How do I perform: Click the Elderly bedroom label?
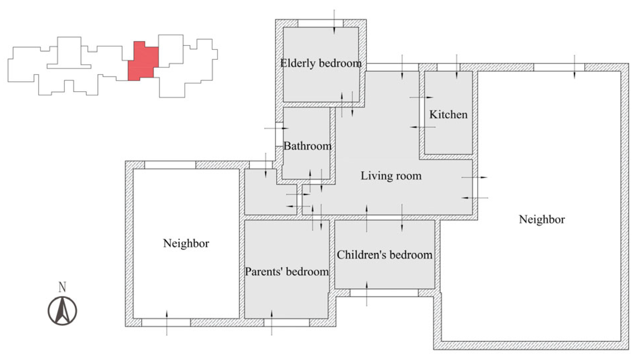[x=321, y=63]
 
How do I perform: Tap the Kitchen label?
[x=448, y=115]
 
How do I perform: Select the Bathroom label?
[x=307, y=146]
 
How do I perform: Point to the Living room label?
[x=391, y=176]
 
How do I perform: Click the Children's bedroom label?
[x=384, y=255]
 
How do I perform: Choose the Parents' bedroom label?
[x=287, y=272]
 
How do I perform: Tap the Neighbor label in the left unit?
[x=186, y=243]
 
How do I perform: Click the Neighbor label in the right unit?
[x=542, y=219]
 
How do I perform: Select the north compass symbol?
[x=63, y=311]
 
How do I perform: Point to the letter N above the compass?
[x=62, y=287]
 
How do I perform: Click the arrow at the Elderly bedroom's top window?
[x=334, y=22]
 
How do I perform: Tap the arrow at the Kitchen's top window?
[x=456, y=66]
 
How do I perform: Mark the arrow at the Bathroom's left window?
[x=277, y=128]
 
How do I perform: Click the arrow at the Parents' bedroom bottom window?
[x=272, y=323]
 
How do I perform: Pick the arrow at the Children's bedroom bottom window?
[x=367, y=294]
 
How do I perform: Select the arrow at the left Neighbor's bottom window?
[x=167, y=323]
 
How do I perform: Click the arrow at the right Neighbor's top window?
[x=574, y=67]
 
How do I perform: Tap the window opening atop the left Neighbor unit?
[x=170, y=165]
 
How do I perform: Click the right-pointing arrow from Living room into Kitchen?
[x=421, y=97]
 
